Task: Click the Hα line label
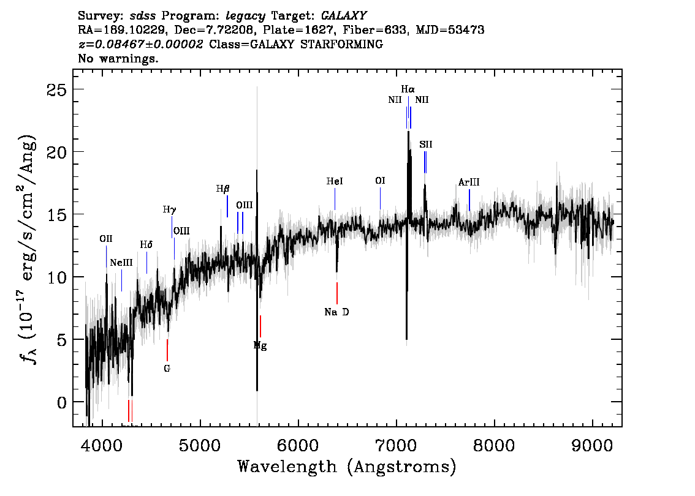click(x=408, y=89)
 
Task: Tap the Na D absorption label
click(x=336, y=312)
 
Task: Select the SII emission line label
click(x=425, y=145)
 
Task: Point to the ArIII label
click(x=468, y=182)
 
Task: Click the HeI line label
click(x=335, y=181)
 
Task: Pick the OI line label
click(x=380, y=181)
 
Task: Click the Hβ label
click(x=223, y=189)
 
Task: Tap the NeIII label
click(x=121, y=263)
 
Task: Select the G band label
click(x=167, y=369)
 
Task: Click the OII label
click(x=106, y=239)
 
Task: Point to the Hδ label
click(x=146, y=245)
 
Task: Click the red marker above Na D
click(x=337, y=293)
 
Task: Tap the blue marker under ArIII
click(x=469, y=200)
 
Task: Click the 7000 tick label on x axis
click(x=397, y=446)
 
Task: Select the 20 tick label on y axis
click(x=56, y=152)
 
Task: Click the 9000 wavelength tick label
click(x=592, y=446)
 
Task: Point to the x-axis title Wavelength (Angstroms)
click(x=347, y=467)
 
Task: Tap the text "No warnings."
click(x=118, y=58)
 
